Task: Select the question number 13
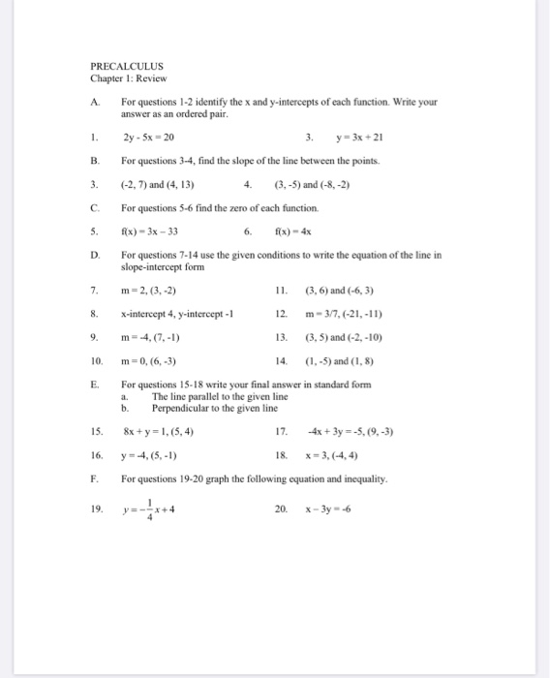pos(281,336)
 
